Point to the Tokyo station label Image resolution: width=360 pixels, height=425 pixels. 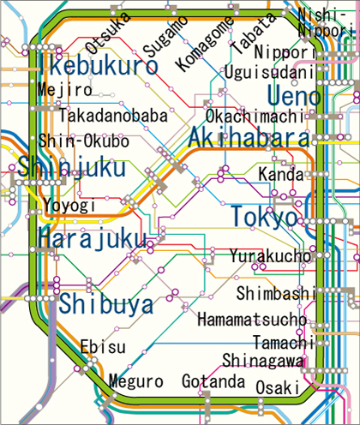[x=264, y=217]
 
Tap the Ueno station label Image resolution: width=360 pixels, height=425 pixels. [x=293, y=97]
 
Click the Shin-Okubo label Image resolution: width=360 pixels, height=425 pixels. [x=84, y=141]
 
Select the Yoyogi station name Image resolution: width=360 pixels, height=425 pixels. [x=65, y=206]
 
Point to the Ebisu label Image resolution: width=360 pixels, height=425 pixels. [x=103, y=347]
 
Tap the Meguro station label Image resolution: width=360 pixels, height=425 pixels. [x=135, y=381]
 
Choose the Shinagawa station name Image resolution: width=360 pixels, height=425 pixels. [x=263, y=359]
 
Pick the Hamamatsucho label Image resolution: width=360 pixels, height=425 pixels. [x=251, y=320]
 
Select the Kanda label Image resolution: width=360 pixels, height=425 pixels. [x=281, y=175]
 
